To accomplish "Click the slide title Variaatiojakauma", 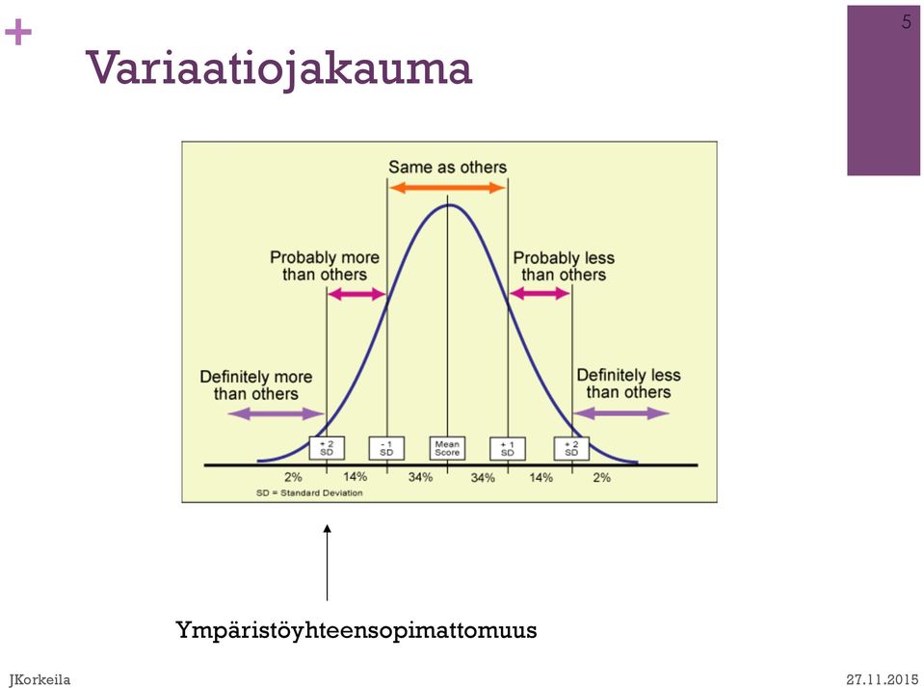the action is point(278,69).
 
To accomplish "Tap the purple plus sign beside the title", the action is point(17,32).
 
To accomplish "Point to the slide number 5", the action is point(907,22).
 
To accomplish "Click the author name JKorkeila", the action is point(40,679).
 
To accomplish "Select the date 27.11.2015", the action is point(883,679).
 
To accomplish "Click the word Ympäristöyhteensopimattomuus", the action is point(356,630).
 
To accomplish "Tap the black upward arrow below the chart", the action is point(327,563).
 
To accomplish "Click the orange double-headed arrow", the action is point(447,188).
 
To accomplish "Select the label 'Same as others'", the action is point(447,168).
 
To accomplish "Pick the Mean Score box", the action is point(447,448).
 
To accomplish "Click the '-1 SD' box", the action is point(386,448).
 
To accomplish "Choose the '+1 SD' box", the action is point(508,449).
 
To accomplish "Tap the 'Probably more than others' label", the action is point(324,266).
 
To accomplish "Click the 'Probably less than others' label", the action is point(564,267).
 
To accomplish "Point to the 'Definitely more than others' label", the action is point(255,385).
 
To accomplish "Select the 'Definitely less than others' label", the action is point(628,384).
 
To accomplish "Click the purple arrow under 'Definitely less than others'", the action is point(621,413).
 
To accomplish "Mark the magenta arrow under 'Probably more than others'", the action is point(356,294).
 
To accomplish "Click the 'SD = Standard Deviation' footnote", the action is point(309,492).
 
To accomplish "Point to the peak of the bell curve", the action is point(449,204).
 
